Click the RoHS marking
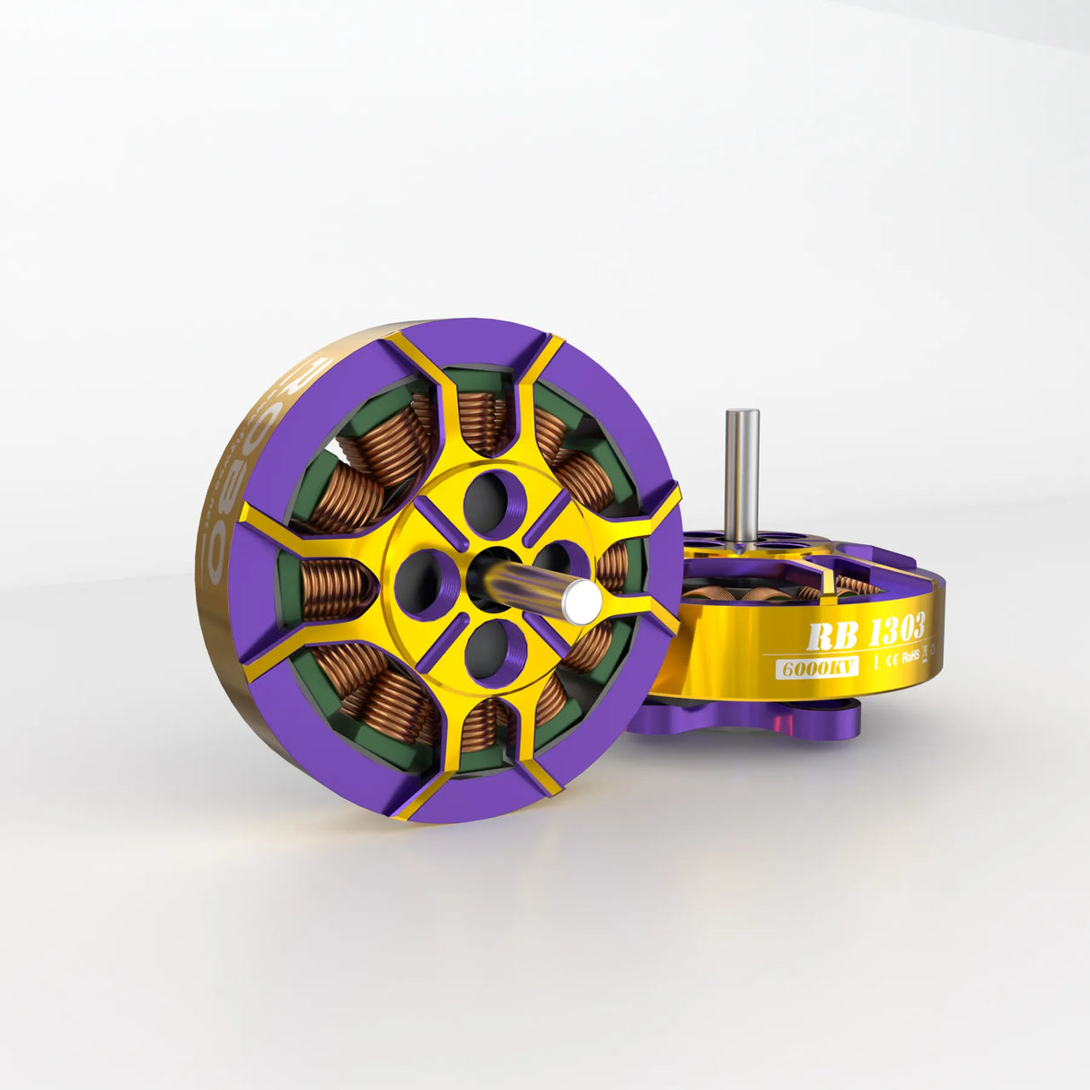pyautogui.click(x=912, y=654)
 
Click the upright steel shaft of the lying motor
pyautogui.click(x=742, y=476)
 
